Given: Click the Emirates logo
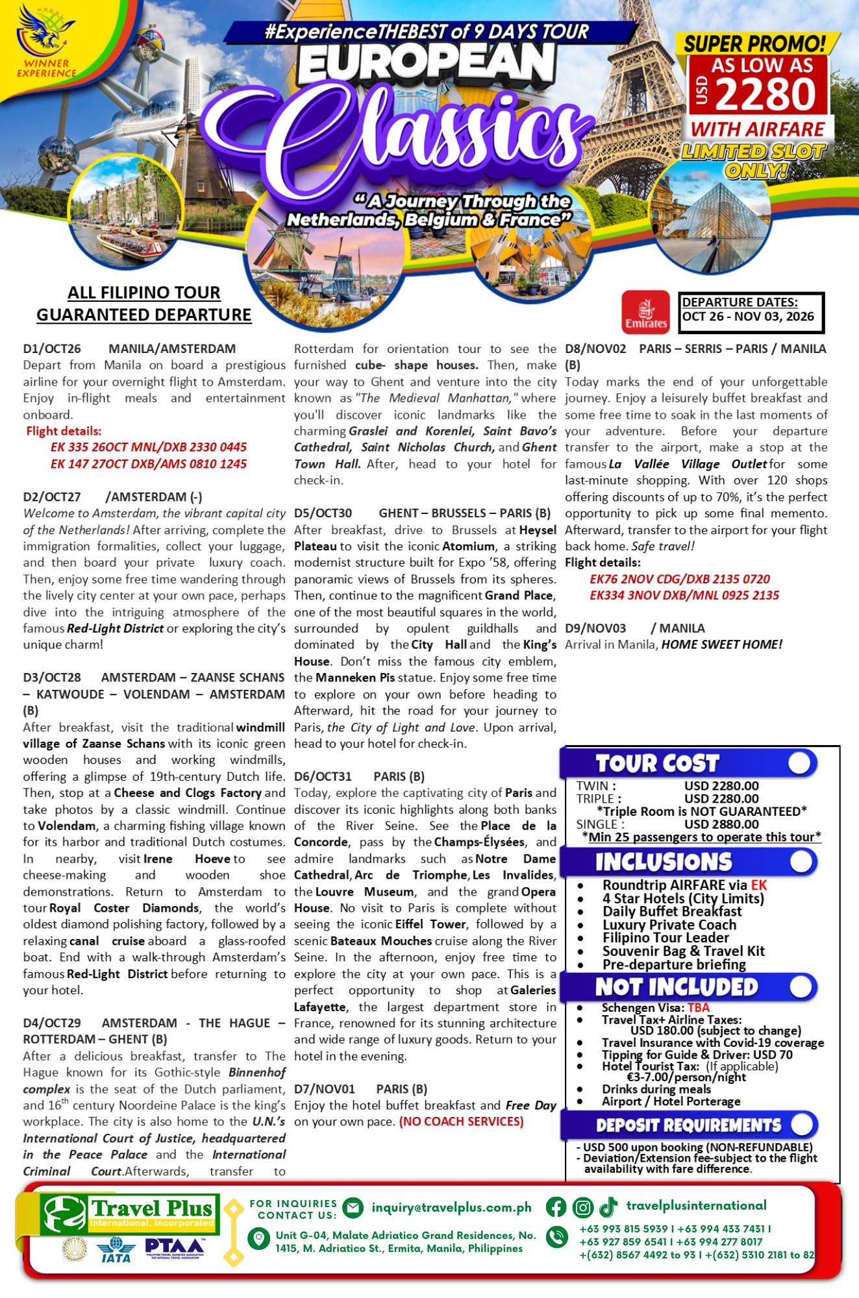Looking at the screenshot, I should [x=645, y=312].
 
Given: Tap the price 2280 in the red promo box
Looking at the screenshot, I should [x=766, y=95].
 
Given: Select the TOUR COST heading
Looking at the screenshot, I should [x=657, y=763].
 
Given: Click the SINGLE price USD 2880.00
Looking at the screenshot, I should [x=721, y=824].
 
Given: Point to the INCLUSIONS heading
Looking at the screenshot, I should [x=664, y=862].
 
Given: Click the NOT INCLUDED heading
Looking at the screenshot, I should [x=677, y=987].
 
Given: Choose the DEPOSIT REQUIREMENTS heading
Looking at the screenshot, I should [x=688, y=1125].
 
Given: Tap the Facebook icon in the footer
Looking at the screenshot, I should [x=556, y=1207].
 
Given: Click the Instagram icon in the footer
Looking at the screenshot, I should [x=582, y=1207].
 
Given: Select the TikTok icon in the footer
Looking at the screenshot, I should [x=608, y=1207].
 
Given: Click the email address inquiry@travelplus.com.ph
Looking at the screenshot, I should [x=451, y=1208].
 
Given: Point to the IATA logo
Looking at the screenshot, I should [x=116, y=1249].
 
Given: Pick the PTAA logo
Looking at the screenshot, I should [x=175, y=1248].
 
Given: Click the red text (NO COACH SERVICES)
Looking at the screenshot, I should [x=461, y=1121].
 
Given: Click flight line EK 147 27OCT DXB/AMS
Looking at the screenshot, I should [x=149, y=464].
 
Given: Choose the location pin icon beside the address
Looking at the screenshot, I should [x=259, y=1239].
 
